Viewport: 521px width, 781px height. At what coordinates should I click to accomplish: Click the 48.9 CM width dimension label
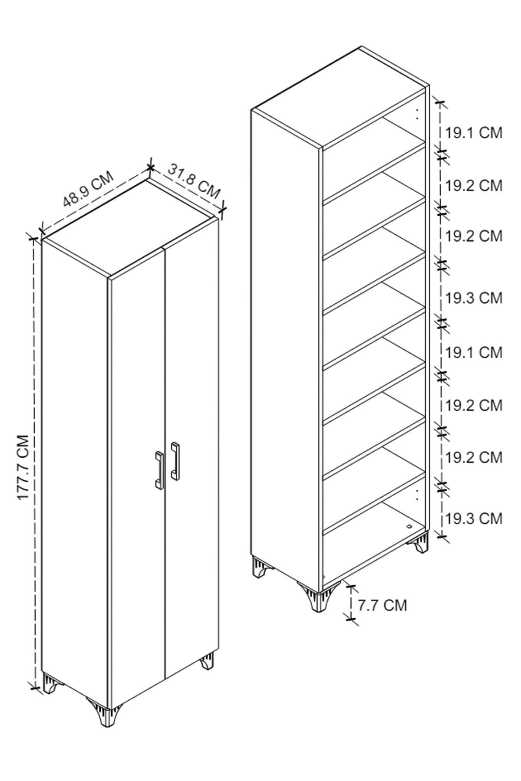(x=89, y=190)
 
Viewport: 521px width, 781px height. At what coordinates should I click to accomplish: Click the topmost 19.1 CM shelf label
(x=474, y=133)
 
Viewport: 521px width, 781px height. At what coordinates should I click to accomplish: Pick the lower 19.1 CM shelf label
(x=474, y=352)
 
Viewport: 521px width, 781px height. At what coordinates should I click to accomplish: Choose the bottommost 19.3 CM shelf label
(x=474, y=518)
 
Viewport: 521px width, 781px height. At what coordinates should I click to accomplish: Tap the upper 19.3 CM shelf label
(x=474, y=298)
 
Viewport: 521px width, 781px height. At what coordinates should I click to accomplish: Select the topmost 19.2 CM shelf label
(x=474, y=185)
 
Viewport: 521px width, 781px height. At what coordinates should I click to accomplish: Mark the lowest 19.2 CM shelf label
(x=474, y=457)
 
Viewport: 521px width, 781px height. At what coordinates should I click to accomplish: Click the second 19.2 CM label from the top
(x=474, y=236)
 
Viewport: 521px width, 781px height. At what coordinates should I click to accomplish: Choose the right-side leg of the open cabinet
(x=420, y=543)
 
